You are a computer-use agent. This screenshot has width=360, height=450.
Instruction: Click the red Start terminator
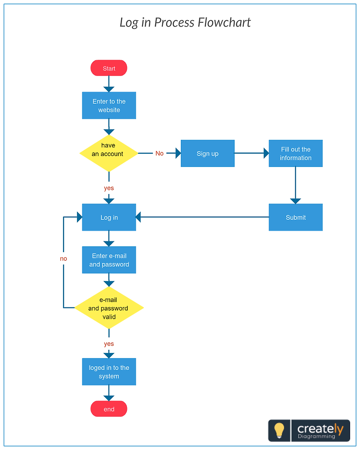click(109, 68)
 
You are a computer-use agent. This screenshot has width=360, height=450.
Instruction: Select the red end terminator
click(109, 409)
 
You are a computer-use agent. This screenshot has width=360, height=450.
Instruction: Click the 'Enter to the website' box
click(109, 106)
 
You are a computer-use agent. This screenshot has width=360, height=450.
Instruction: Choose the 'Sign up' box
click(207, 153)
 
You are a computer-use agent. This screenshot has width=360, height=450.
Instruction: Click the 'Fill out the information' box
click(296, 153)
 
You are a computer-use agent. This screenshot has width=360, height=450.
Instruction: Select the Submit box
click(296, 217)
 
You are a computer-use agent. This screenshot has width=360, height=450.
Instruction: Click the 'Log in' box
click(109, 217)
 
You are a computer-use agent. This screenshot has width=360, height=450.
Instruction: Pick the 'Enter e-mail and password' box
click(109, 260)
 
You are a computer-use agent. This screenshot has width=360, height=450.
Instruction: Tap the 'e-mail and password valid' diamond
click(109, 308)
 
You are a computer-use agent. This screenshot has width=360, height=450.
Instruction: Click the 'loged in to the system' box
click(109, 372)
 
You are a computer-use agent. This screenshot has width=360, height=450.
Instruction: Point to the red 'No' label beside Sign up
click(159, 153)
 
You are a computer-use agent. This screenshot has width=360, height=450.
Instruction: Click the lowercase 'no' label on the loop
click(63, 258)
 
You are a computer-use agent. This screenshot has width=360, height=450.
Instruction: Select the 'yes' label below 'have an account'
click(109, 188)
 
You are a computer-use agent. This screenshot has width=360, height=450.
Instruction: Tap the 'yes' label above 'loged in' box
click(109, 343)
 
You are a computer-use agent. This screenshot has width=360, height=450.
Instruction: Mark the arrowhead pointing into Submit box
click(296, 200)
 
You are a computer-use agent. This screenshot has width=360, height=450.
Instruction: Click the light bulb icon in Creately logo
click(279, 430)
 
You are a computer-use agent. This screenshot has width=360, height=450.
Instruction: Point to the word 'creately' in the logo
click(320, 428)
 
